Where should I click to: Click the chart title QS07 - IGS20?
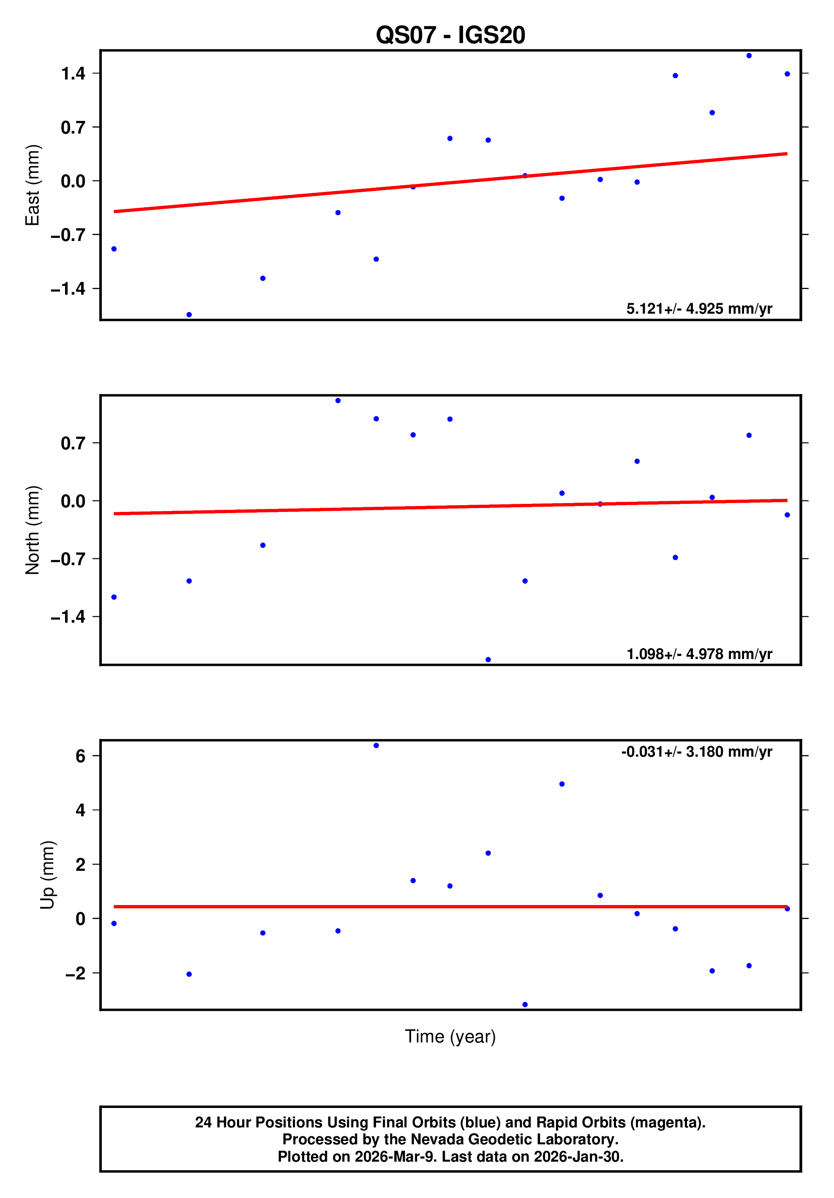click(x=450, y=36)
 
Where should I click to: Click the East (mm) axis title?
click(x=33, y=185)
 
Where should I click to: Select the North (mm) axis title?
click(x=33, y=530)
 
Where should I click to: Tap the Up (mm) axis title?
click(x=47, y=875)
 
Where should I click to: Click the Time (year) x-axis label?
click(x=450, y=1036)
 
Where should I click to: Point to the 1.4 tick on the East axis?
click(x=73, y=74)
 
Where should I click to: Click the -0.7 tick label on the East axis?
click(x=68, y=235)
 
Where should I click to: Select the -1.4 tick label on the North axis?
click(x=68, y=617)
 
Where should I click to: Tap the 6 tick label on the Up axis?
click(x=80, y=756)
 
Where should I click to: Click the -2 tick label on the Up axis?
click(x=75, y=973)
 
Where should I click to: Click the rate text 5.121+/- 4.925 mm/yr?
click(x=699, y=309)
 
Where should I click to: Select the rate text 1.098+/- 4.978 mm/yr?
click(x=699, y=654)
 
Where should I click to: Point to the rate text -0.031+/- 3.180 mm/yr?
click(x=696, y=752)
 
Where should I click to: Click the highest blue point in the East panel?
click(x=749, y=56)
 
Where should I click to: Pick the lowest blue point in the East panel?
click(x=189, y=315)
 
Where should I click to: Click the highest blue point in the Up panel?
click(x=376, y=746)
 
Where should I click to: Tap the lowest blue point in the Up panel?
click(x=525, y=1004)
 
